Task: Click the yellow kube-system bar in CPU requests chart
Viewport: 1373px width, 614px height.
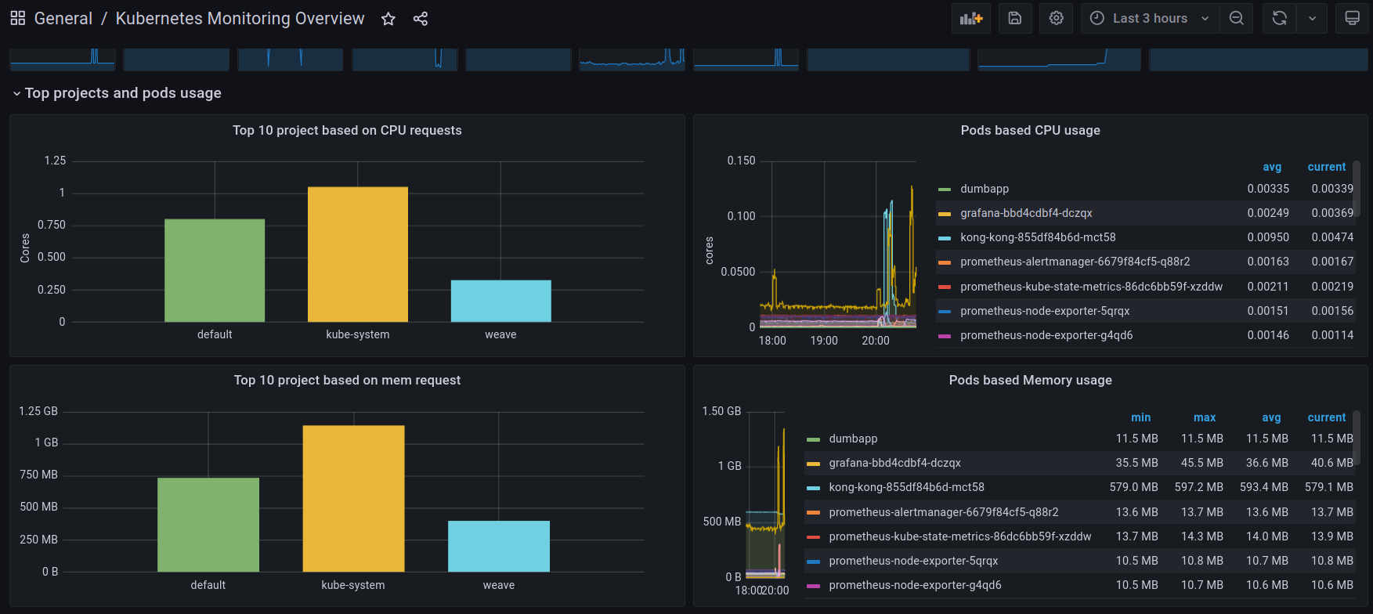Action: tap(358, 254)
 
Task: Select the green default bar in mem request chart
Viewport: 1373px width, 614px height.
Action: tap(208, 524)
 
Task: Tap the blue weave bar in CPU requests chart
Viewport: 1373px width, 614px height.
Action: tap(501, 301)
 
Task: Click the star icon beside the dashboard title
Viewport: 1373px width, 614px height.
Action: tap(388, 19)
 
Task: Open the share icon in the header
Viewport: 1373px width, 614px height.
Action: tap(421, 19)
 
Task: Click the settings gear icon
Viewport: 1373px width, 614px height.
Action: tap(1056, 18)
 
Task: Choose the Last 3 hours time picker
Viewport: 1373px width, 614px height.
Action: tap(1150, 18)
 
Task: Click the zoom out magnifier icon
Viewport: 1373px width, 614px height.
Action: tap(1236, 18)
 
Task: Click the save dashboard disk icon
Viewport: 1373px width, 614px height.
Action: tap(1015, 18)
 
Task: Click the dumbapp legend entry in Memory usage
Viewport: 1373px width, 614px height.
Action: tap(853, 439)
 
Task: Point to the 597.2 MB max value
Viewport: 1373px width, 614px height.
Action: tap(1198, 487)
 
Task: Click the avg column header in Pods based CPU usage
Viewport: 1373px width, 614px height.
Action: tap(1272, 167)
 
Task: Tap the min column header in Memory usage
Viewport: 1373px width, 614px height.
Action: tap(1141, 417)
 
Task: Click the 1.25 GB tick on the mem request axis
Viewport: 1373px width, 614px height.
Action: tap(38, 411)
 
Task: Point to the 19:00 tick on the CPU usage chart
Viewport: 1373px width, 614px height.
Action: tap(824, 341)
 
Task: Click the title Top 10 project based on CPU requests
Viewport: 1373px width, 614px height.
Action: tap(347, 130)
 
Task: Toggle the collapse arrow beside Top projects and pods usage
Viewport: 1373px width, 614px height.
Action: tap(16, 94)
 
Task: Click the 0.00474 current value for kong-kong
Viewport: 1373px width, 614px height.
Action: tap(1332, 237)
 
